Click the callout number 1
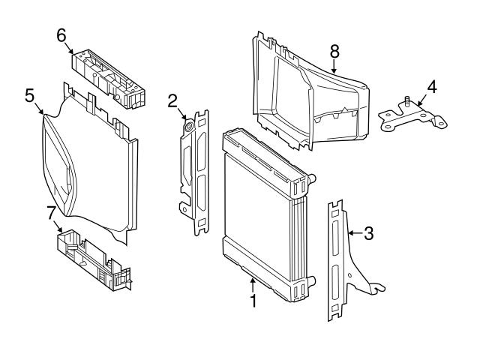tap(253, 301)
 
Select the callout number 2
tap(172, 100)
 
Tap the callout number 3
tap(367, 233)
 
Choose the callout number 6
tap(61, 34)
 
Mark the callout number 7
tap(51, 212)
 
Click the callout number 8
tap(335, 51)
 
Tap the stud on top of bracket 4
tap(406, 101)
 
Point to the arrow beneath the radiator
tap(253, 285)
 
